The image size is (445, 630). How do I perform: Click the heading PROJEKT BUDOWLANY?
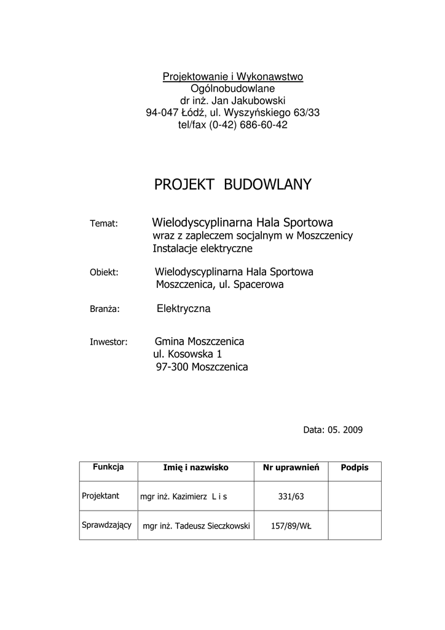(x=232, y=185)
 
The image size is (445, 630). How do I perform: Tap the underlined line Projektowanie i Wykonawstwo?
(x=232, y=76)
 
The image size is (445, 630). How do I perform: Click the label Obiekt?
(x=104, y=272)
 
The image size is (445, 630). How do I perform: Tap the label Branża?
(x=104, y=309)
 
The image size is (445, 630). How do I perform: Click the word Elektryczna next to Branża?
(x=184, y=309)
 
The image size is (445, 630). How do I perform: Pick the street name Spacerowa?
(x=257, y=285)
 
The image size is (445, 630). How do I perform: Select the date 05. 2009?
(x=344, y=430)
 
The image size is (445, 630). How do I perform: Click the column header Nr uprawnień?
(x=291, y=468)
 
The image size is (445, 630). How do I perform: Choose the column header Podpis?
(x=355, y=468)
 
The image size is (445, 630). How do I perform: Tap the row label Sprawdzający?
(x=107, y=525)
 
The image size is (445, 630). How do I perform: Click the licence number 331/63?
(x=291, y=496)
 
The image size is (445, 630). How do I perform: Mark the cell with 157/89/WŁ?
(x=291, y=526)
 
